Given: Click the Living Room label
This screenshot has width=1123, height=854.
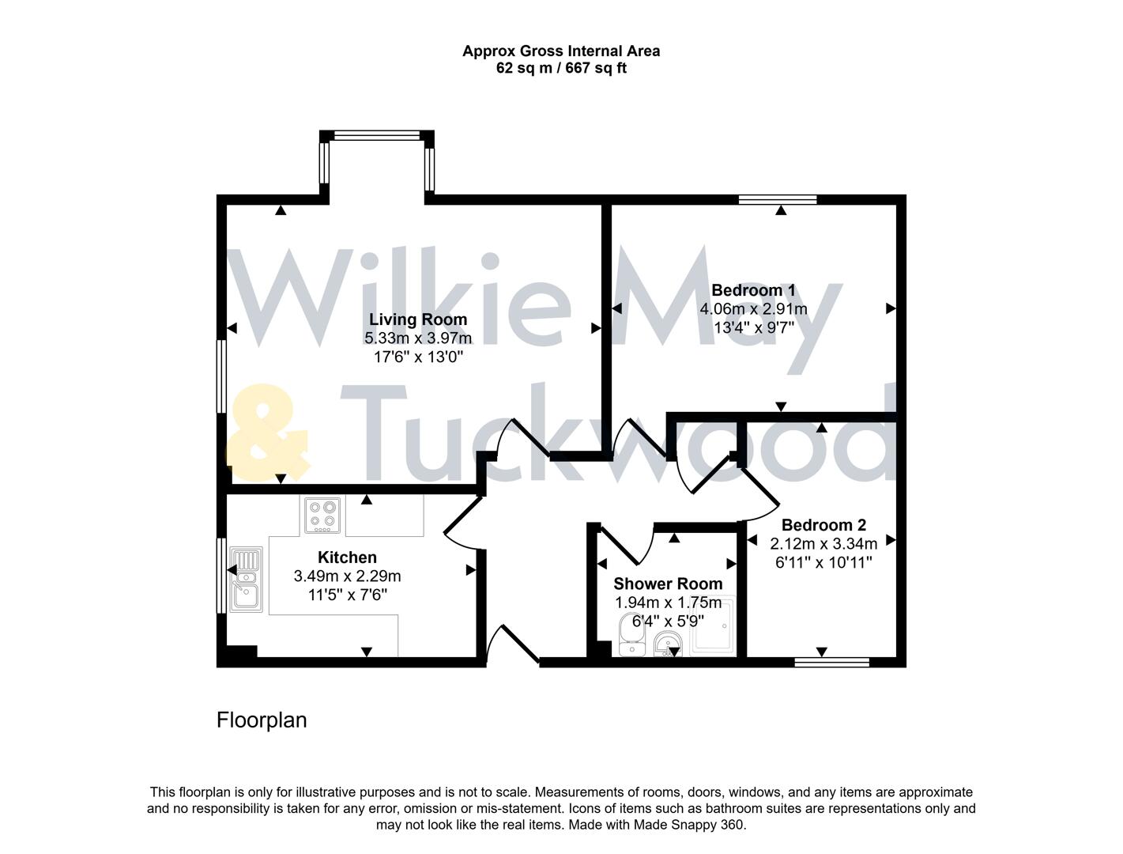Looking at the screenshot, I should [x=418, y=319].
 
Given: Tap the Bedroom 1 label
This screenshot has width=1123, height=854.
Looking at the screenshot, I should [x=753, y=289].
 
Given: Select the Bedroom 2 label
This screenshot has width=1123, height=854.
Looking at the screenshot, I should [x=823, y=525].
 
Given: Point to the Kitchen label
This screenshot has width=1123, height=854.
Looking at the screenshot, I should [x=347, y=557].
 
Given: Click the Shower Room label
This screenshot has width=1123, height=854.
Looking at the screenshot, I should [x=668, y=584].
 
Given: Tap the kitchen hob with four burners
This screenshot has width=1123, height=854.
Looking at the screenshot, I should [x=322, y=515].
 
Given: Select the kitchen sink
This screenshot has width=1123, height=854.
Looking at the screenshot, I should [x=246, y=580].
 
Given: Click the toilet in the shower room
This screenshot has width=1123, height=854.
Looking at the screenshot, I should [x=631, y=634].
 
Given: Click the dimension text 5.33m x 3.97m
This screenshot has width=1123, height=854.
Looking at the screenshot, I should [x=418, y=338].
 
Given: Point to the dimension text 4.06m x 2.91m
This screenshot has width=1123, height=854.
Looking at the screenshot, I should [x=753, y=308].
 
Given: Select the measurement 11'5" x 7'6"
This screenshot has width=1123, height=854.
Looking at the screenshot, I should [x=347, y=595].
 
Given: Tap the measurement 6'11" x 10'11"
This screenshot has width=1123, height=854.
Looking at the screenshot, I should [x=823, y=562].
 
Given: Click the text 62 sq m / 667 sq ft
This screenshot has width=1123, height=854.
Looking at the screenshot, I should [x=561, y=68].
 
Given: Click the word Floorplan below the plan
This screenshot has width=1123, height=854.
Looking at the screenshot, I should [x=262, y=720].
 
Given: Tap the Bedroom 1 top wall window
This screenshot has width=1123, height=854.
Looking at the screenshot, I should [x=778, y=199].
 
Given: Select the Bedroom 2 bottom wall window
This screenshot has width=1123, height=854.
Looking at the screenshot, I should [x=831, y=662].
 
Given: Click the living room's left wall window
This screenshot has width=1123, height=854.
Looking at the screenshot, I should [x=222, y=376].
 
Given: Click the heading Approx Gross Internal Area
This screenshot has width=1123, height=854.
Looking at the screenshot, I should [x=561, y=51].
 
